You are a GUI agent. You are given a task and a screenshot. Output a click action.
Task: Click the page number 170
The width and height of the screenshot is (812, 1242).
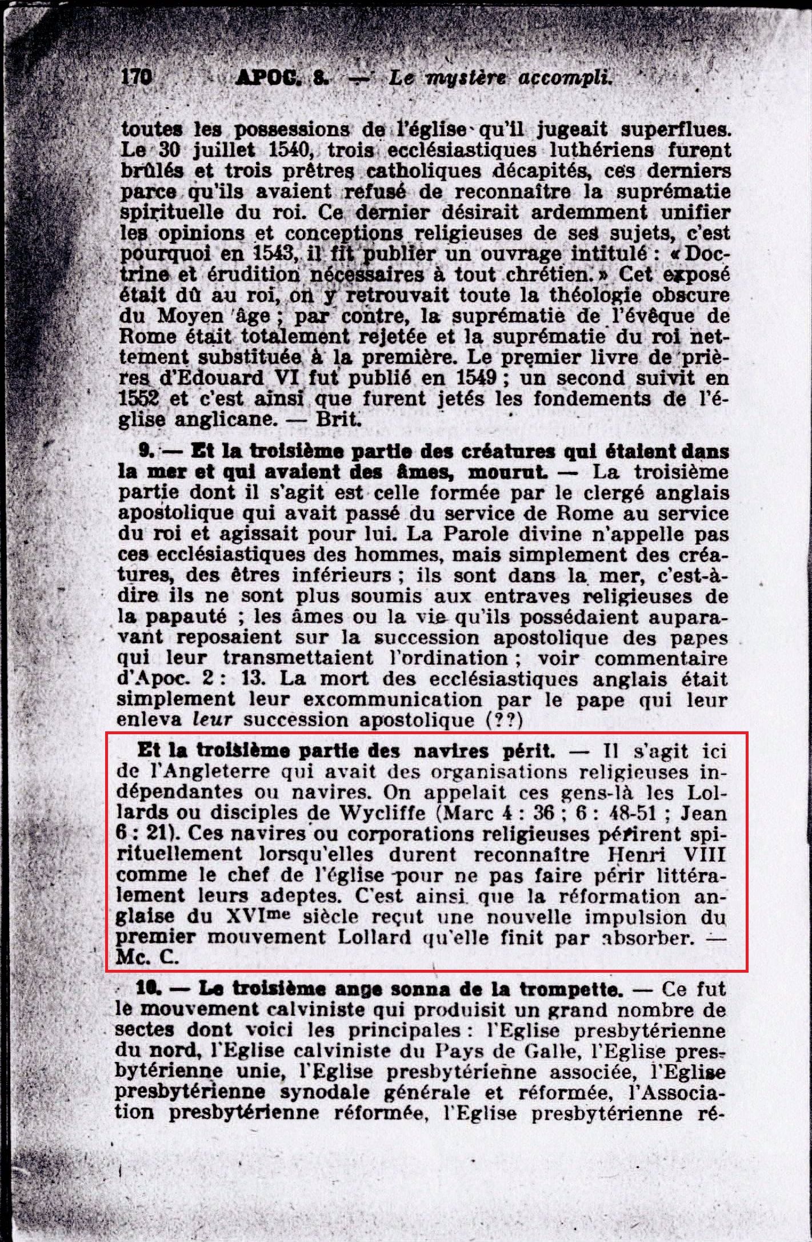136,77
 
